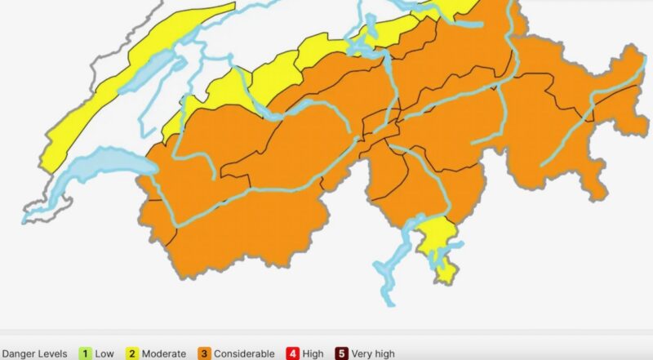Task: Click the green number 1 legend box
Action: (84, 353)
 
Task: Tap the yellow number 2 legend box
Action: (131, 353)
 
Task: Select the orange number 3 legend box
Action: (204, 353)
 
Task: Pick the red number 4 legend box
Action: (292, 353)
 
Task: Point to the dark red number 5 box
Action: (342, 353)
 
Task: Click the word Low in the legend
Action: (104, 353)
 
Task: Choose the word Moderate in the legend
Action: (163, 353)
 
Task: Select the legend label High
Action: (312, 353)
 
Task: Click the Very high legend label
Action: (373, 353)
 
